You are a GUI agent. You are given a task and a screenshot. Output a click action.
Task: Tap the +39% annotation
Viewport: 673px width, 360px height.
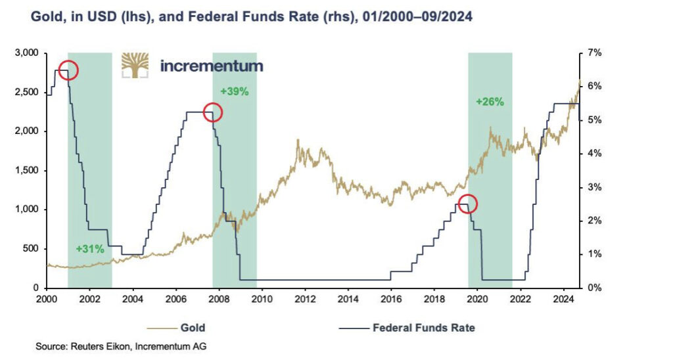tap(235, 92)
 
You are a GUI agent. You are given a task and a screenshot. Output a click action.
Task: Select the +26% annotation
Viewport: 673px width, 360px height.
tap(490, 102)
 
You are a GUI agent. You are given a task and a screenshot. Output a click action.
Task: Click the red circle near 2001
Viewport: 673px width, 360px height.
tap(68, 70)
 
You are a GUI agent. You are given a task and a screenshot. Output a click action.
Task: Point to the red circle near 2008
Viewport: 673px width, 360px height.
tap(212, 113)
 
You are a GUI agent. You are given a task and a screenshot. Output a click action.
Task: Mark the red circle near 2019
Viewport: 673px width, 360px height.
tap(467, 204)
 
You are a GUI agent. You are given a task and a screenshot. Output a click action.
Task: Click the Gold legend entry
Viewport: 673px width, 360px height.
tap(191, 326)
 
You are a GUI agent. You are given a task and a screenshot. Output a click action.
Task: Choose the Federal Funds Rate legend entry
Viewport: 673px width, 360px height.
tap(423, 326)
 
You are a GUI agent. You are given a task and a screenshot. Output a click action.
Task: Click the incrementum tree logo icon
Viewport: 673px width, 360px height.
tap(135, 65)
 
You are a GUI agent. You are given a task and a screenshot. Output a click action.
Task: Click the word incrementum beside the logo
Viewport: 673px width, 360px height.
tap(212, 66)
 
